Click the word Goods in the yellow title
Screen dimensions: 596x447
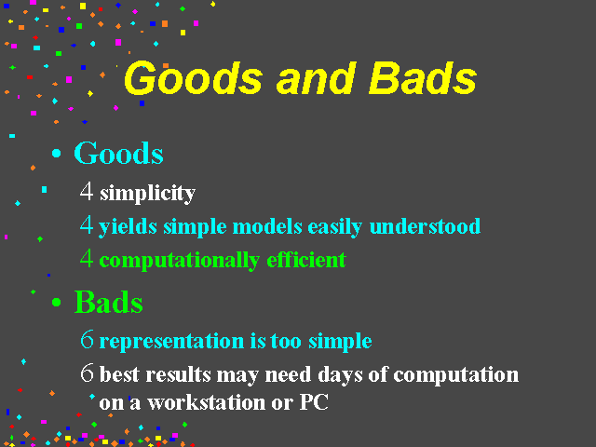[x=193, y=78]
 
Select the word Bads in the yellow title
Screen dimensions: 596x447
[x=423, y=78]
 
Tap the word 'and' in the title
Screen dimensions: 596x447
[x=317, y=78]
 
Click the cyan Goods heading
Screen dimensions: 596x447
[x=118, y=153]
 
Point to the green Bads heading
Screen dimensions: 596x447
[x=109, y=302]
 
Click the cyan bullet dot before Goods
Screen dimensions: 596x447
[x=56, y=153]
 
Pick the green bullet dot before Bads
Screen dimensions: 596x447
[x=56, y=302]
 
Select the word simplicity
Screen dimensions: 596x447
[x=147, y=194]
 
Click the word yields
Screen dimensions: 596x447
[x=128, y=227]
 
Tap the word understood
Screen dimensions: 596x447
[x=425, y=226]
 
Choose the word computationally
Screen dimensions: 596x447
[x=180, y=261]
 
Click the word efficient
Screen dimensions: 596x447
[x=306, y=260]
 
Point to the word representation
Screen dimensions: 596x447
[x=171, y=342]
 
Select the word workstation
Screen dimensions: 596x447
[x=207, y=402]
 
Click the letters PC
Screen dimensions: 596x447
[x=314, y=402]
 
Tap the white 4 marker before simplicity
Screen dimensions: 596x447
[x=87, y=191]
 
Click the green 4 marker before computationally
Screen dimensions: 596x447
[x=87, y=259]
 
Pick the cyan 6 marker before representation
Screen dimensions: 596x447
[x=87, y=339]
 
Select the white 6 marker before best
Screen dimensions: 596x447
[x=87, y=372]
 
